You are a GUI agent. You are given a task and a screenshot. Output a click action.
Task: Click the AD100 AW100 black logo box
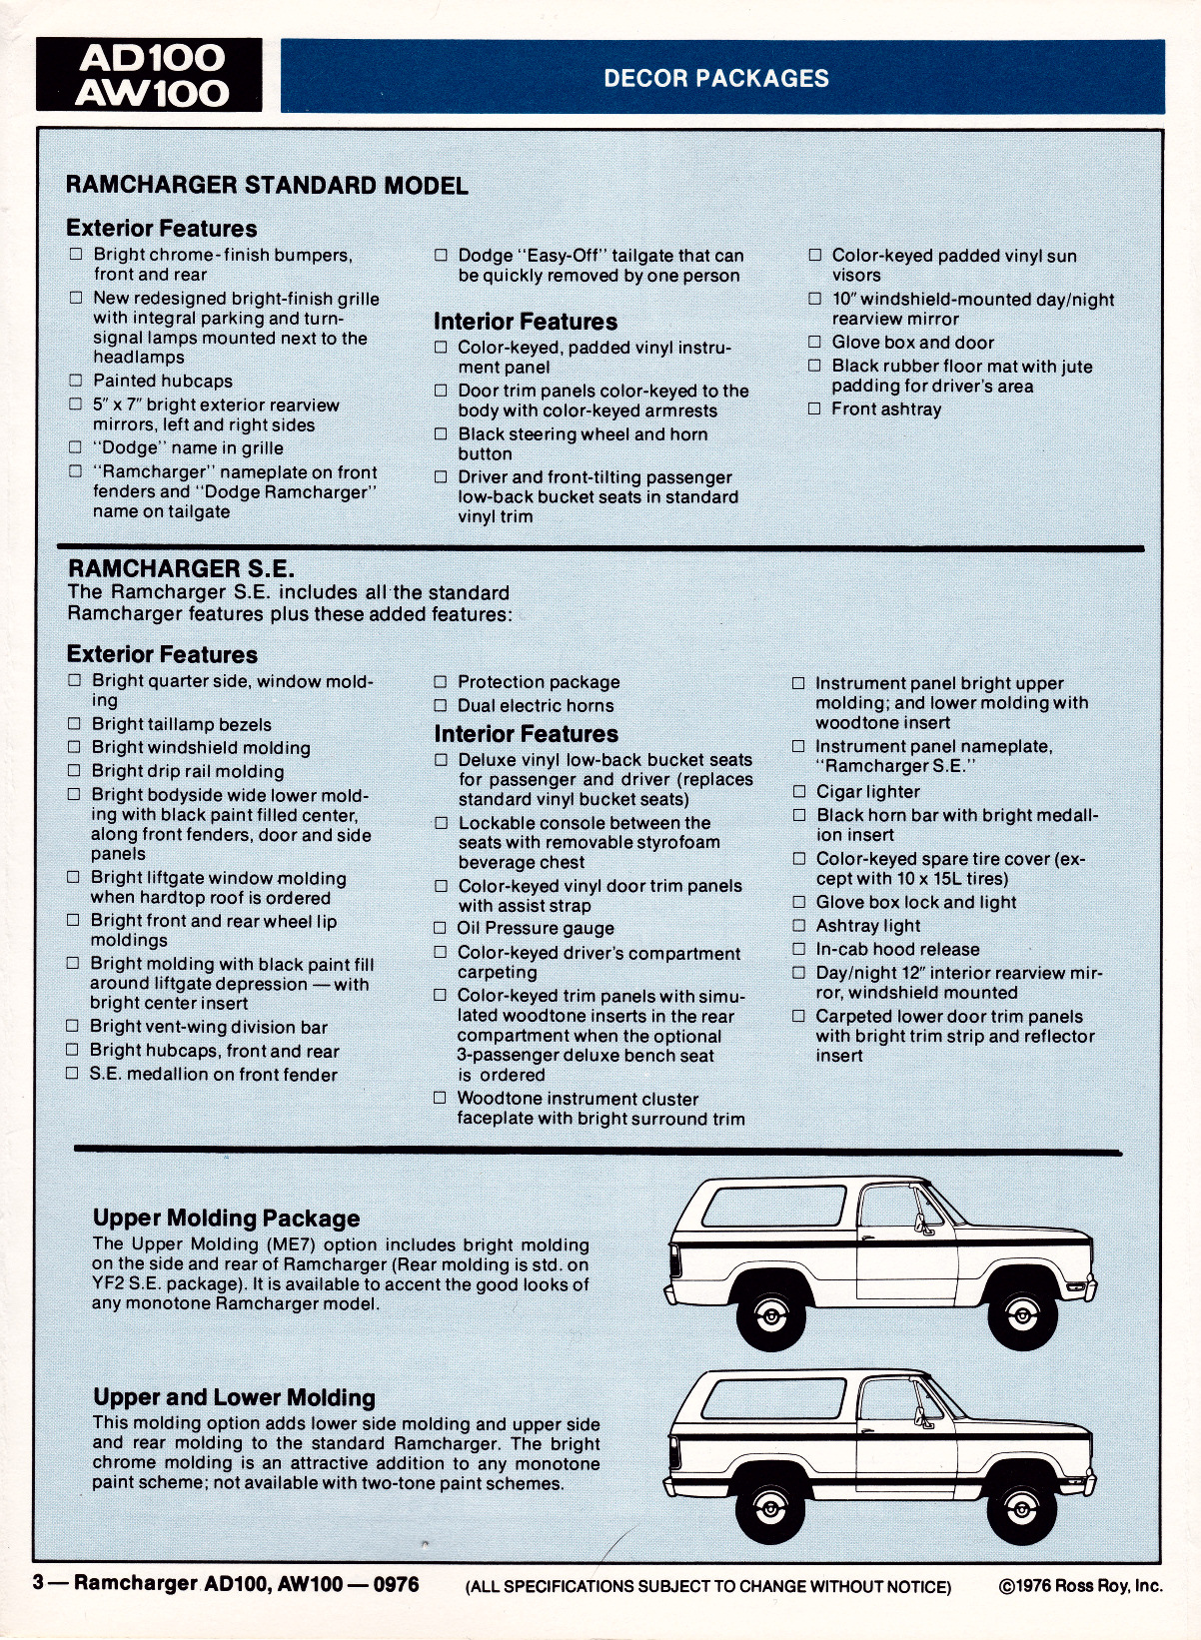(149, 75)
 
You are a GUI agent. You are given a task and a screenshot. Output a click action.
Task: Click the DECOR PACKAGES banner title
(716, 78)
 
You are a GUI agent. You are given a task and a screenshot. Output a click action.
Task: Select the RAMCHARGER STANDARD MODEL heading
(267, 186)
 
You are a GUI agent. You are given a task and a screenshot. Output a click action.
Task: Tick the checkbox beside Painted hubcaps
(76, 381)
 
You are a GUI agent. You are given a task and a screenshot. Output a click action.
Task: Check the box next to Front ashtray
(814, 409)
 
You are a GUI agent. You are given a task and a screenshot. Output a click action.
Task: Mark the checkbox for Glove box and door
(814, 342)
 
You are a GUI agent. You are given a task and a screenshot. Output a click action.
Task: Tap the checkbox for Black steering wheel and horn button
(441, 434)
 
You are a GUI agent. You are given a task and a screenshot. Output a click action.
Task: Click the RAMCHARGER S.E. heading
(181, 568)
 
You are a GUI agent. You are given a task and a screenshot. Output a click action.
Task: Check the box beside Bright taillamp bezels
(74, 724)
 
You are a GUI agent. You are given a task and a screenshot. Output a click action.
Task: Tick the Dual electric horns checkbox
(441, 705)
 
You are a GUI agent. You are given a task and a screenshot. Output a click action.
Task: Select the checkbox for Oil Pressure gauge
(441, 928)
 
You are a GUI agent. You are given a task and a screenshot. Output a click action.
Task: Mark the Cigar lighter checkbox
(798, 791)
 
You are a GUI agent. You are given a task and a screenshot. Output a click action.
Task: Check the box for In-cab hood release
(798, 949)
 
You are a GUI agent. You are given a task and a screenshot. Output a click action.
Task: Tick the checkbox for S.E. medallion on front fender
(72, 1074)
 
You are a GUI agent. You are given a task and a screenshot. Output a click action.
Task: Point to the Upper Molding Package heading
(226, 1219)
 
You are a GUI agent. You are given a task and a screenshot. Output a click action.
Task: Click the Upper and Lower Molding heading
(234, 1397)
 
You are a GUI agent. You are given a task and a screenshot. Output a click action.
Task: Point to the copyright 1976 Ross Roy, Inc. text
(1081, 1586)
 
